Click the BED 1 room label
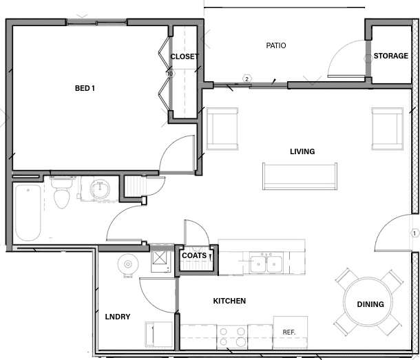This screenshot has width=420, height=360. point(85,88)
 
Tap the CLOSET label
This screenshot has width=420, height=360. point(184,56)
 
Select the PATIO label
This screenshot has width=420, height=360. point(275,46)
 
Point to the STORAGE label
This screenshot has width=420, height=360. point(390,56)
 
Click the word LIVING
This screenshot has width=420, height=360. point(302,151)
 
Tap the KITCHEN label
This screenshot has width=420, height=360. point(229,301)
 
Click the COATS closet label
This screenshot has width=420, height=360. point(194,255)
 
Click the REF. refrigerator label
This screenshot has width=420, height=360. point(289,332)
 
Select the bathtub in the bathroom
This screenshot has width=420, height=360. point(28,212)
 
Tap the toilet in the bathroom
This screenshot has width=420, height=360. point(62,193)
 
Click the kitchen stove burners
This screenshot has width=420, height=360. point(233,336)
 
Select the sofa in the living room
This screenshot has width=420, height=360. point(300,176)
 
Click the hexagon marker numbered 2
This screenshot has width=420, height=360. point(246,79)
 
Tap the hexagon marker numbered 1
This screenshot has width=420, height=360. point(414,233)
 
